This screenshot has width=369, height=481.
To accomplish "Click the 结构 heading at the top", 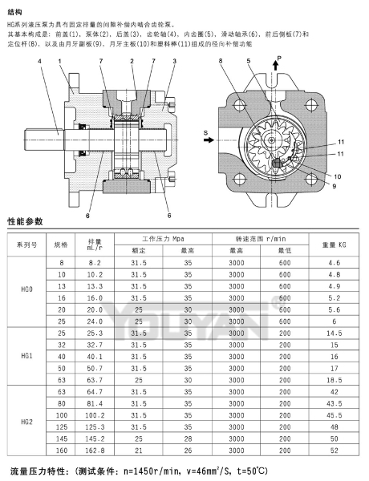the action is click(14, 12).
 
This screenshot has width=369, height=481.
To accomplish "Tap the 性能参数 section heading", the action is click(25, 221).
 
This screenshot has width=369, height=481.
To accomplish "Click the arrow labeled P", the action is click(276, 65).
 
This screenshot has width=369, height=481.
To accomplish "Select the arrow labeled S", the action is click(209, 139).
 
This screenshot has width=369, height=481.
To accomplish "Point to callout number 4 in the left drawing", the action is click(39, 61).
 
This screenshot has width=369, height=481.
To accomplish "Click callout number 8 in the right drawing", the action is click(221, 61).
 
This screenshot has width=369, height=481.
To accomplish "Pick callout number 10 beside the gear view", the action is click(338, 176).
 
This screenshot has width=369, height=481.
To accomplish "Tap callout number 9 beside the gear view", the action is click(335, 186).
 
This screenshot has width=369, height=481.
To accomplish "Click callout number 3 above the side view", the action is click(175, 61).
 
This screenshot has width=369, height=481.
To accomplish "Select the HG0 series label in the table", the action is click(26, 289).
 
